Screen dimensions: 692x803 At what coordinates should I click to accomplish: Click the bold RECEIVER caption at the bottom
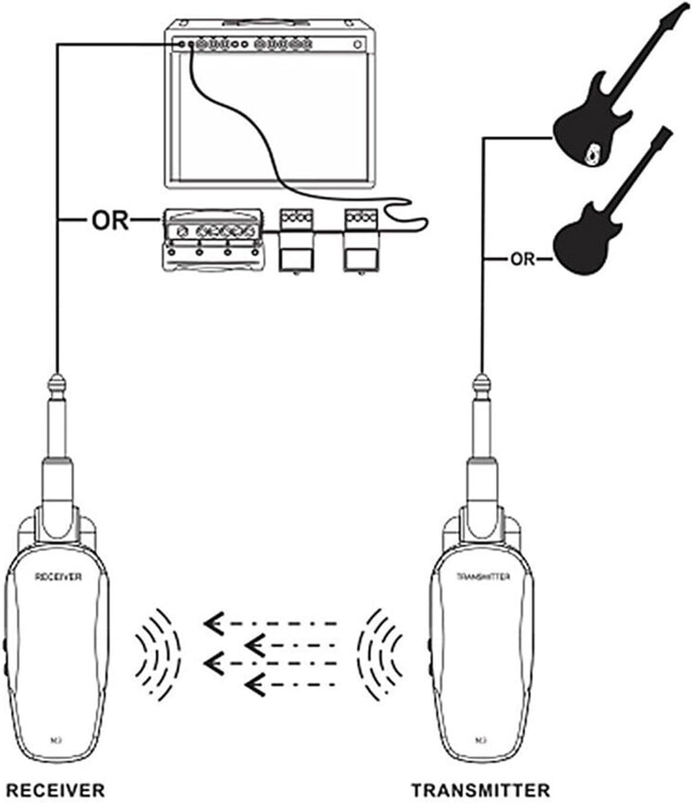[x=55, y=789]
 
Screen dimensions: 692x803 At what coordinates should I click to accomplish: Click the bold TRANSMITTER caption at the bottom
[x=481, y=789]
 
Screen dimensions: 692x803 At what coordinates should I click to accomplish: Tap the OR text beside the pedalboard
[x=110, y=220]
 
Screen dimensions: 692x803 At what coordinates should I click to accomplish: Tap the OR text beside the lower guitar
[x=522, y=258]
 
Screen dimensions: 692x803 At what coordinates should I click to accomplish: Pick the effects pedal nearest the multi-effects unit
[x=296, y=241]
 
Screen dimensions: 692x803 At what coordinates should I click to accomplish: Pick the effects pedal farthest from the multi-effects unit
[x=361, y=241]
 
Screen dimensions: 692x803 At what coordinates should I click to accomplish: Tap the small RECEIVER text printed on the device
[x=57, y=577]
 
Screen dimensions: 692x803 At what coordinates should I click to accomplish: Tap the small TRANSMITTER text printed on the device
[x=483, y=577]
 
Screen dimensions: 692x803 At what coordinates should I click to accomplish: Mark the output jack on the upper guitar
[x=592, y=154]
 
